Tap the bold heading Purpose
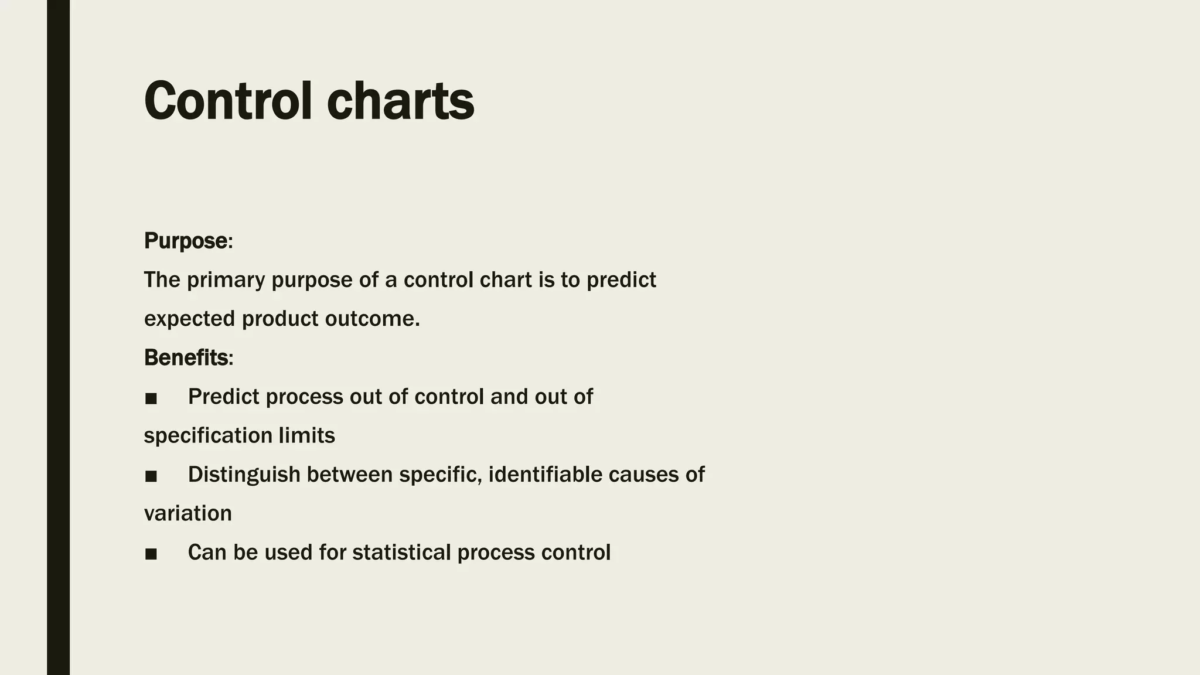tap(186, 241)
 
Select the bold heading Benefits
tap(186, 357)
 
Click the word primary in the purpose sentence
tap(226, 280)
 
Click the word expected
tap(189, 319)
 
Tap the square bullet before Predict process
tap(151, 398)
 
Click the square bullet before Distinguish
tap(151, 476)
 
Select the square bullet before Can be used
tap(151, 554)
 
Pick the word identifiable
tap(544, 475)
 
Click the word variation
tap(187, 513)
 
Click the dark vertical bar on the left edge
tap(58, 337)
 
